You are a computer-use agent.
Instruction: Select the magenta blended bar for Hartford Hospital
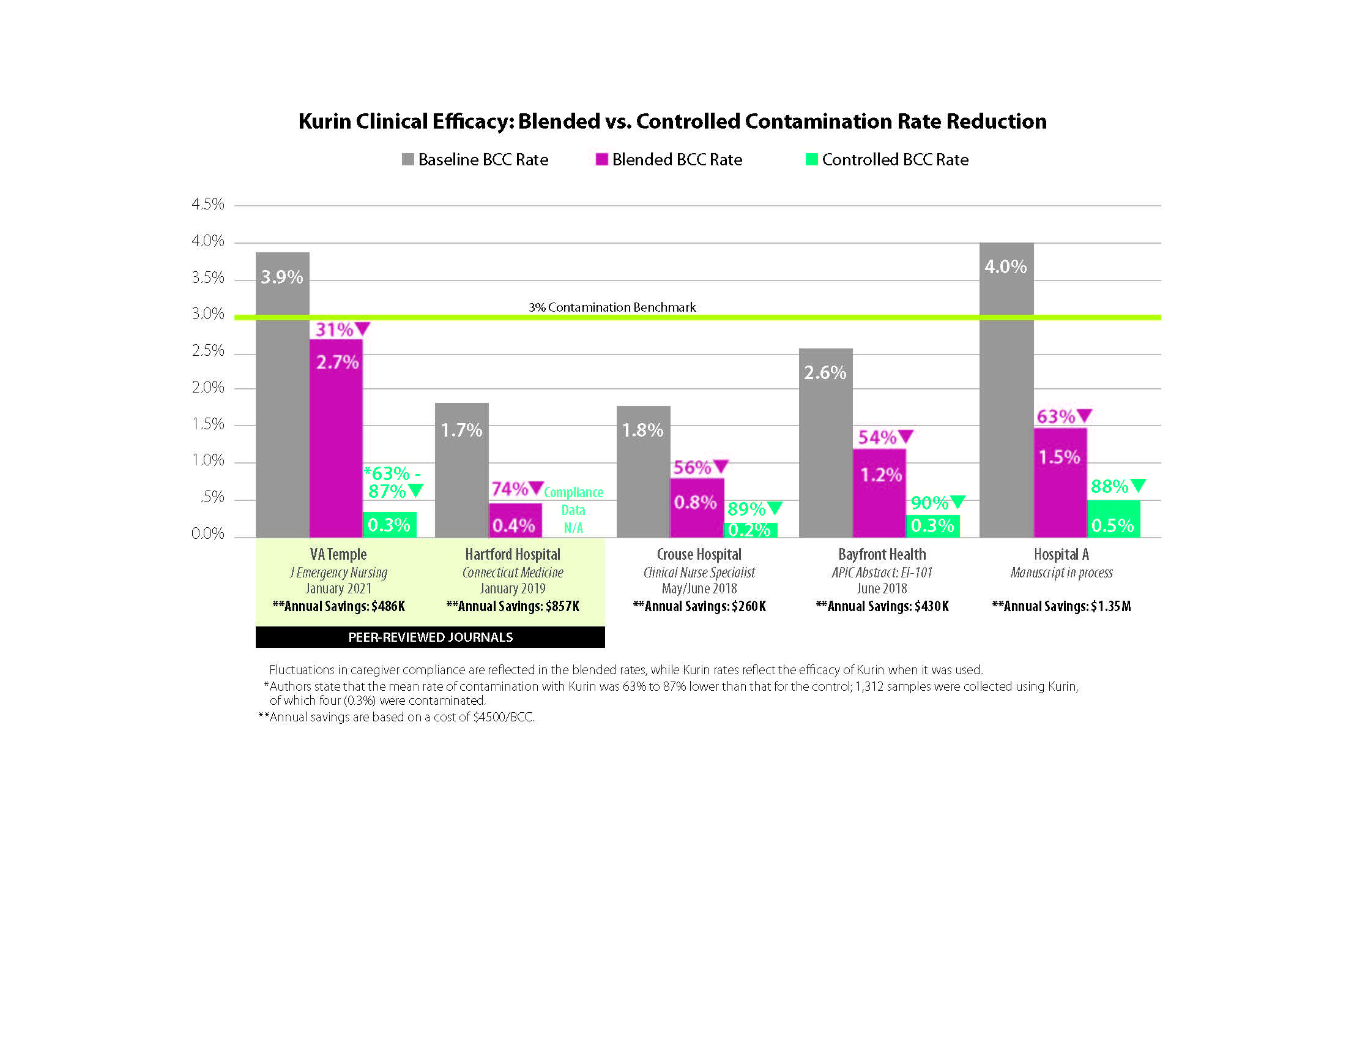[515, 520]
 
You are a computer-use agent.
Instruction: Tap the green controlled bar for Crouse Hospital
[750, 530]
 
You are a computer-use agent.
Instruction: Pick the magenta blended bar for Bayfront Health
[879, 494]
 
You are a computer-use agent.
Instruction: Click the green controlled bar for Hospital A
[1113, 519]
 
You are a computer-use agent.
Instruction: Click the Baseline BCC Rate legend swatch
[407, 159]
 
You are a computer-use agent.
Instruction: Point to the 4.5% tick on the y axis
[207, 204]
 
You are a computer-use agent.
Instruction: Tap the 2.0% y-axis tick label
[207, 387]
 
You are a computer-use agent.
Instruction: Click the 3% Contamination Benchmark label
[612, 307]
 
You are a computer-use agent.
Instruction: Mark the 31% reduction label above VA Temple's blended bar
[335, 329]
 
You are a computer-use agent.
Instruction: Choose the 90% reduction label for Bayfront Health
[929, 503]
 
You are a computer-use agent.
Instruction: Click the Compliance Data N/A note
[573, 510]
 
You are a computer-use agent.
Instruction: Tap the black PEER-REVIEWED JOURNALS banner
[430, 637]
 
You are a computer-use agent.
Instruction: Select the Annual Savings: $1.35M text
[1062, 606]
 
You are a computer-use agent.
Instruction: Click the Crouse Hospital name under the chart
[699, 554]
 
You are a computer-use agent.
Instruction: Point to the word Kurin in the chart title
[325, 121]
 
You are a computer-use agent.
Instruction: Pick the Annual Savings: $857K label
[513, 606]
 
